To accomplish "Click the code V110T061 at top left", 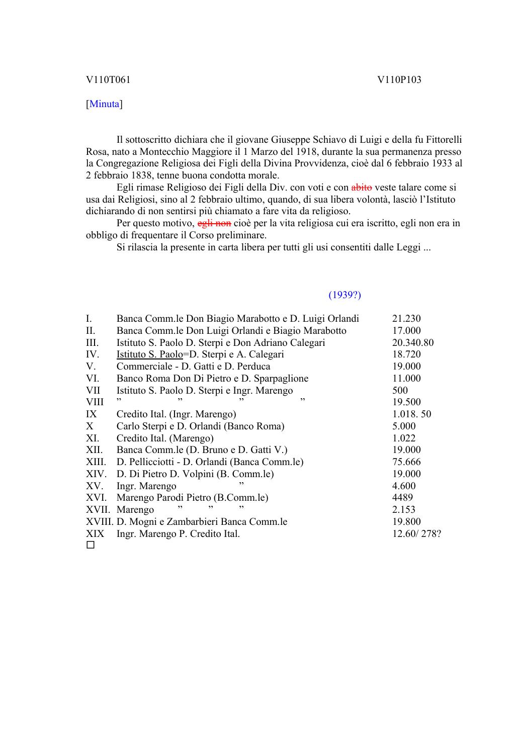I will tap(108, 80).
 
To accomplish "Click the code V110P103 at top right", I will tap(399, 80).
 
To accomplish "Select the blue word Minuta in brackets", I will tap(105, 104).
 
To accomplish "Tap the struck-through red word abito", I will tap(362, 188).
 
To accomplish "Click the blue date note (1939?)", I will tap(345, 295).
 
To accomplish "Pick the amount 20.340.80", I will tap(413, 343).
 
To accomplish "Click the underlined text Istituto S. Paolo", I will tap(149, 354).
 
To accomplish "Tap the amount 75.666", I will tap(406, 462).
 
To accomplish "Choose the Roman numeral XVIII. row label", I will tap(100, 522).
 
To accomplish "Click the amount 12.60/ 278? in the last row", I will tap(416, 534).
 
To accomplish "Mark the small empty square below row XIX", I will tap(91, 545).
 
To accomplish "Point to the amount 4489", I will tap(402, 498).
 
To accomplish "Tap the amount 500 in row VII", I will tap(400, 390).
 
